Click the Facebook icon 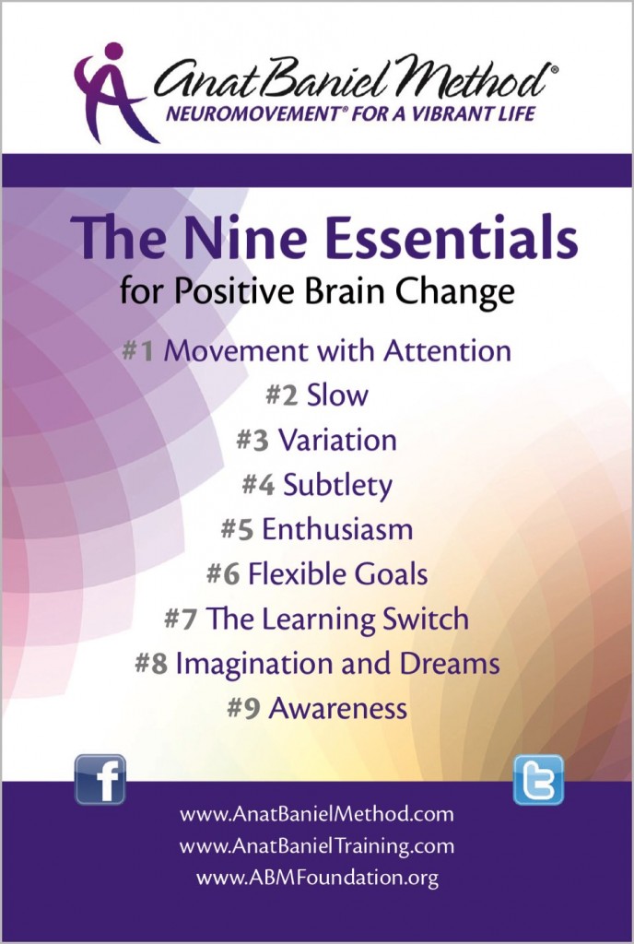100,779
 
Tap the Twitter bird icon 538,779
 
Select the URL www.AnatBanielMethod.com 317,815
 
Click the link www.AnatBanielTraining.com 317,845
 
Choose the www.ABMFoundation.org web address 317,877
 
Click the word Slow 337,395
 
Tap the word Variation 337,440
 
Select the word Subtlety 336,484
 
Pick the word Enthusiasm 337,529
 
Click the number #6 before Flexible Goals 224,573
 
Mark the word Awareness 337,708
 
